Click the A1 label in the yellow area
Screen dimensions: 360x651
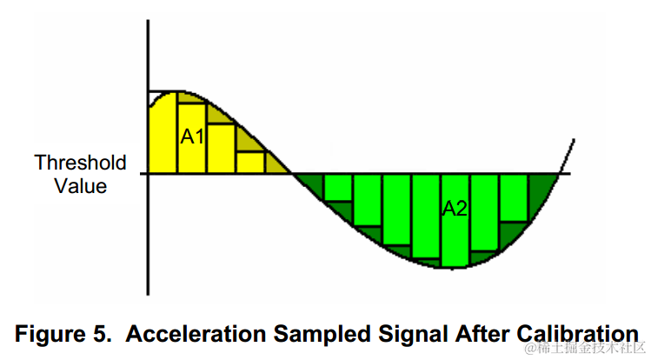click(x=191, y=137)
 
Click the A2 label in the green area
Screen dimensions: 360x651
click(x=455, y=209)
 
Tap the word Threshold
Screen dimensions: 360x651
click(x=80, y=163)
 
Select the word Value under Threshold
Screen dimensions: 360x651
click(x=80, y=185)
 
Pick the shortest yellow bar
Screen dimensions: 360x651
click(x=250, y=163)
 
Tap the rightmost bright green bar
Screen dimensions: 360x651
click(x=515, y=197)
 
